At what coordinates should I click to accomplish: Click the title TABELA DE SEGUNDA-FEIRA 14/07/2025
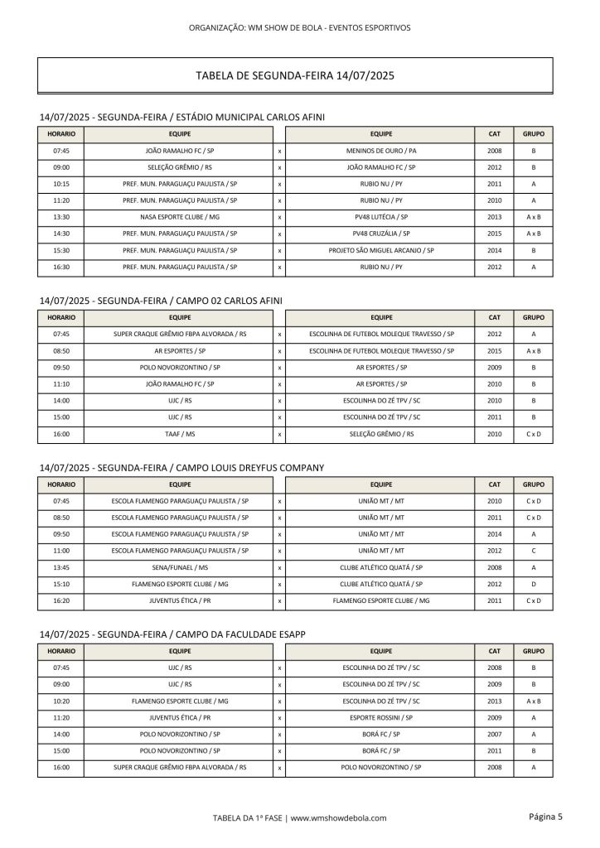pyautogui.click(x=294, y=75)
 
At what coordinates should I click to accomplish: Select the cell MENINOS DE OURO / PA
pyautogui.click(x=381, y=152)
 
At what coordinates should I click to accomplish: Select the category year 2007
pyautogui.click(x=494, y=734)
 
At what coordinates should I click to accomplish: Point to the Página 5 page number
pyautogui.click(x=544, y=817)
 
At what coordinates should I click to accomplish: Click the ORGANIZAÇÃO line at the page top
pyautogui.click(x=299, y=27)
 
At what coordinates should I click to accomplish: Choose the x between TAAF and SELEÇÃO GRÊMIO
pyautogui.click(x=280, y=433)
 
